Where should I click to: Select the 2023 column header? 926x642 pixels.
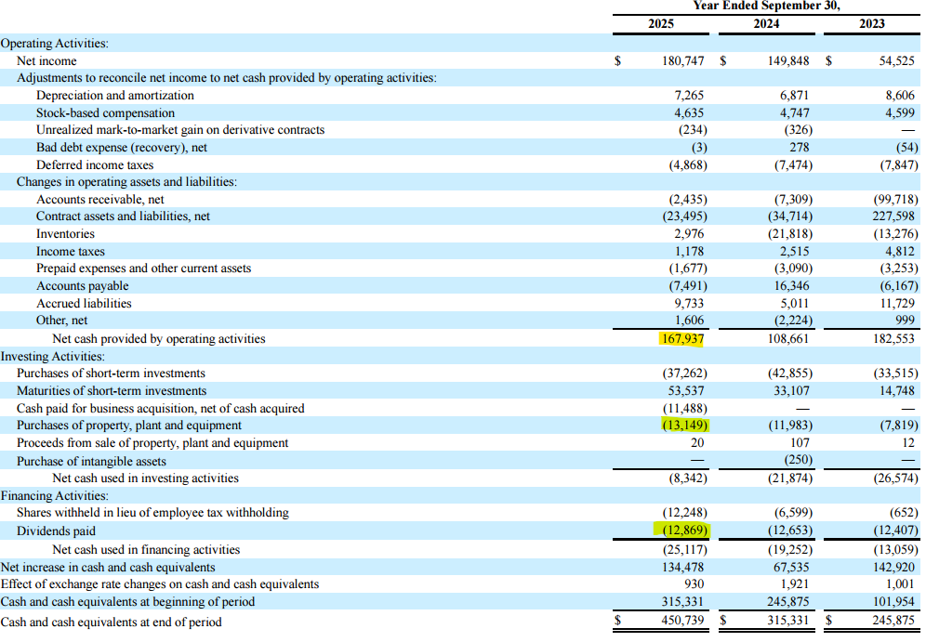click(x=872, y=23)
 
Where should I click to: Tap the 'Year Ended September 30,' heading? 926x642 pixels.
click(x=766, y=7)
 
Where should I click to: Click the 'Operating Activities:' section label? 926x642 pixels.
click(x=55, y=43)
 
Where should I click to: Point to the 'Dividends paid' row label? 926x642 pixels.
click(x=56, y=531)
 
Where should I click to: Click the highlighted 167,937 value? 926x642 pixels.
click(x=682, y=339)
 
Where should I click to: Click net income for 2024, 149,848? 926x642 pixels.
click(x=787, y=60)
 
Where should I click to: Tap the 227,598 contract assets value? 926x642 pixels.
click(x=893, y=216)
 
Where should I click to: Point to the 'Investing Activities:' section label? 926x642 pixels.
click(x=52, y=356)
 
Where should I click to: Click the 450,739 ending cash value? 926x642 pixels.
click(x=683, y=622)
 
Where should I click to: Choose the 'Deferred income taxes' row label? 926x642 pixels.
click(x=95, y=164)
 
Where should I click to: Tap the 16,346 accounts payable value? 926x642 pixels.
click(x=790, y=285)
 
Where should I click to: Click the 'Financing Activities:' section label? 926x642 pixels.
click(x=55, y=496)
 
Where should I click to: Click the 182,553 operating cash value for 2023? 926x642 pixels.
click(x=893, y=339)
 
